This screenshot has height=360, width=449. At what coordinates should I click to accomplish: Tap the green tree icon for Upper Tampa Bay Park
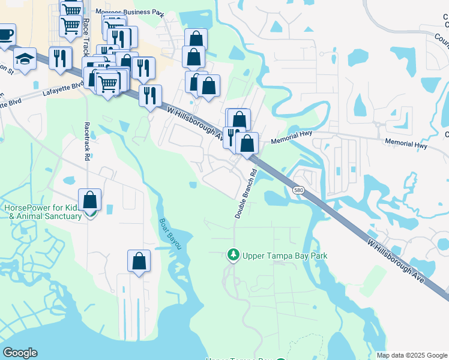tap(233, 256)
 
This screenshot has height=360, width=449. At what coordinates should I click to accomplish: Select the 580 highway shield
tap(298, 190)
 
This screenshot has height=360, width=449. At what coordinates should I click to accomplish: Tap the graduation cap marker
tap(25, 59)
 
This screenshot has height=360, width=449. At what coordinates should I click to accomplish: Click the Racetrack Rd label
tap(86, 140)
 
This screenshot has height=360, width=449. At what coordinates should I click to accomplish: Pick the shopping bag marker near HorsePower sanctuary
tap(89, 199)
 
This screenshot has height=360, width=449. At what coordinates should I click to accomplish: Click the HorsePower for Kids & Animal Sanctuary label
tap(42, 212)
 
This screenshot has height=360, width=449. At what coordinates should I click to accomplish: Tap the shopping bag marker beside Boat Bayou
tap(139, 260)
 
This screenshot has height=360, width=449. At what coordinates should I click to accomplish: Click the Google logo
tap(20, 353)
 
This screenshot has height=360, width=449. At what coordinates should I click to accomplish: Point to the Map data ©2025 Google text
tap(412, 355)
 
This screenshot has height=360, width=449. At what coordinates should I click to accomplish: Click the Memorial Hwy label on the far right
tap(408, 145)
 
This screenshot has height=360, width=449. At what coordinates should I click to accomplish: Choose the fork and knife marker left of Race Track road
tap(60, 58)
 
